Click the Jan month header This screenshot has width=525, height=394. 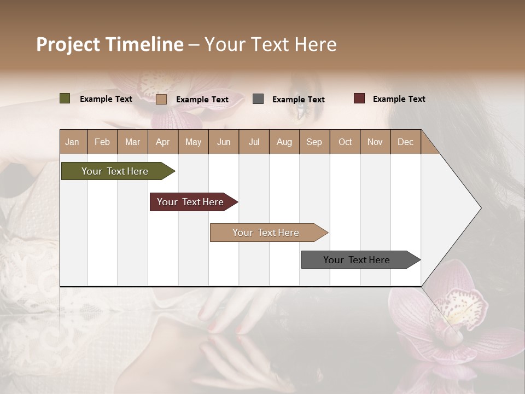coord(72,142)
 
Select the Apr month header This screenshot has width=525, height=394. coord(162,142)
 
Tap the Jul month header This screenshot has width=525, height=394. coord(254,142)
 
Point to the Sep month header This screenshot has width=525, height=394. coord(314,142)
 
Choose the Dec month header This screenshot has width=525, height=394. coord(405,142)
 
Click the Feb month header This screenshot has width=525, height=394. coord(102,142)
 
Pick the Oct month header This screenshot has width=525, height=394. coord(345,142)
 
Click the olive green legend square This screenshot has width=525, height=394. coord(65,99)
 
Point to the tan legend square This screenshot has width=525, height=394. coord(161,99)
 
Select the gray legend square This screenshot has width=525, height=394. coord(258,99)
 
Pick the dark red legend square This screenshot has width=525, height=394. coord(359,99)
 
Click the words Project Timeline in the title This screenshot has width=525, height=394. coord(110,44)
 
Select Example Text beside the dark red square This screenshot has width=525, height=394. coord(399,99)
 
